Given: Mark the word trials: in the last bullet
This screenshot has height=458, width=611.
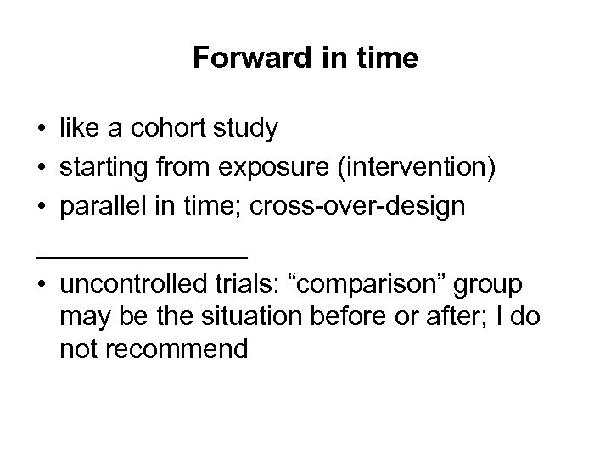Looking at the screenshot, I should click(x=233, y=284).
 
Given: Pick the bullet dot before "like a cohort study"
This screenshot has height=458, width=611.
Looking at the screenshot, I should click(x=41, y=129).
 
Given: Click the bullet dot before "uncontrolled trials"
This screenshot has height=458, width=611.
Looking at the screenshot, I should click(x=41, y=285).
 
